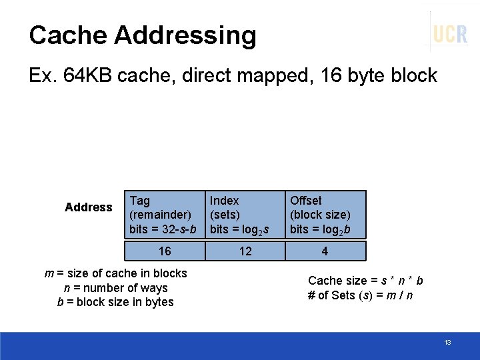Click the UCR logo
pyautogui.click(x=450, y=33)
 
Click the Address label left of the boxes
pyautogui.click(x=89, y=207)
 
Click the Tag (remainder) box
pyautogui.click(x=164, y=215)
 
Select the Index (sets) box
pyautogui.click(x=244, y=215)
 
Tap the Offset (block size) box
pyautogui.click(x=326, y=215)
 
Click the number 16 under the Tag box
pyautogui.click(x=164, y=251)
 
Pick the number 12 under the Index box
pyautogui.click(x=245, y=251)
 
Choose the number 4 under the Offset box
pyautogui.click(x=325, y=251)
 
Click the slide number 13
pyautogui.click(x=447, y=342)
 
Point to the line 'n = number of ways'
pyautogui.click(x=116, y=288)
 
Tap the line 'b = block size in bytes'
pyautogui.click(x=116, y=302)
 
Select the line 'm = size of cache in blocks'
pyautogui.click(x=116, y=273)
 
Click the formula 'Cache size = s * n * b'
pyautogui.click(x=365, y=281)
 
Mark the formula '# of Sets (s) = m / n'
pyautogui.click(x=360, y=295)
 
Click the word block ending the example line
pyautogui.click(x=415, y=75)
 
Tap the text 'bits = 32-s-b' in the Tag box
pyautogui.click(x=163, y=229)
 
